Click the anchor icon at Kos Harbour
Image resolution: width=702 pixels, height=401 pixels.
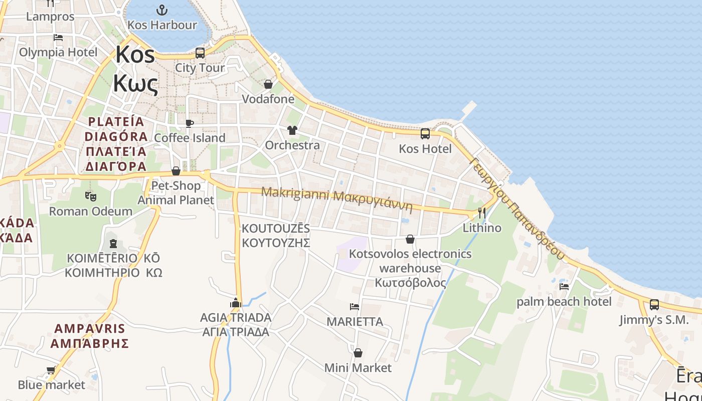point(161,10)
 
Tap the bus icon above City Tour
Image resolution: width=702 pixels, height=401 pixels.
point(200,53)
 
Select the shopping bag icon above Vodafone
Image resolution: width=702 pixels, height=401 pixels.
point(268,84)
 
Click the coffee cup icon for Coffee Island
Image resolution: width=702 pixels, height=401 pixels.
point(189,123)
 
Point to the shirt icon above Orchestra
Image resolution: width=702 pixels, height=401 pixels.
point(292,130)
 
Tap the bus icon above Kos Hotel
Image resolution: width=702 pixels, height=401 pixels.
point(425,134)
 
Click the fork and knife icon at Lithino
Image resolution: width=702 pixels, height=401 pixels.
point(482,213)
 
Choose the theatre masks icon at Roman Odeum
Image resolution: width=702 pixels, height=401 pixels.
point(90,196)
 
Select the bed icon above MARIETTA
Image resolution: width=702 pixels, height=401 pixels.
point(355,307)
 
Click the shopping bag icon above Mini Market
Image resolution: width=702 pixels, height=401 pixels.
point(358,353)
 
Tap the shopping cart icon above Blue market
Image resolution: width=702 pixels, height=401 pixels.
point(51,370)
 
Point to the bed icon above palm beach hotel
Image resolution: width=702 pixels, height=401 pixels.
point(564,287)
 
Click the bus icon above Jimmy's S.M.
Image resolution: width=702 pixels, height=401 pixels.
point(654,305)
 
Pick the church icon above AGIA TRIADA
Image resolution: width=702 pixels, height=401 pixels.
point(236,303)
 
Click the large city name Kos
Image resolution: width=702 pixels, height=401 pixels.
point(135,54)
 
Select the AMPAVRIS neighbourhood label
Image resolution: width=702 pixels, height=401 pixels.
point(90,329)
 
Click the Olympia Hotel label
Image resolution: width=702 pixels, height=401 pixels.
point(58,52)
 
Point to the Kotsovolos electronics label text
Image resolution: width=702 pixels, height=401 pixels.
point(410,254)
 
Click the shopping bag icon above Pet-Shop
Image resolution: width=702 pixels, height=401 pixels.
point(176,171)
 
